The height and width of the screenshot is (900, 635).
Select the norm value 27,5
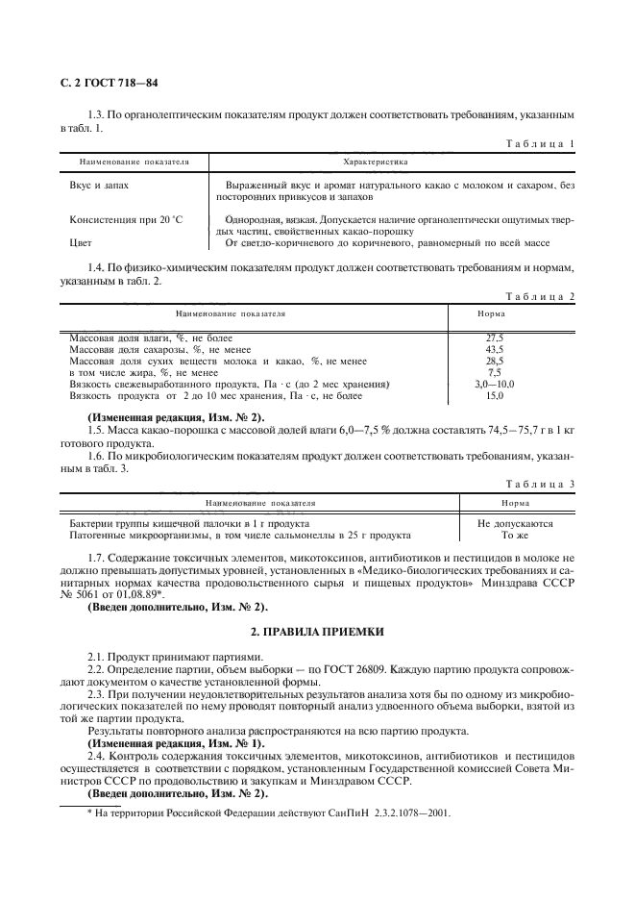point(495,337)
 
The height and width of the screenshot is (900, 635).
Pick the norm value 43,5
point(495,349)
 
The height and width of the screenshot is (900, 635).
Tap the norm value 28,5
point(495,361)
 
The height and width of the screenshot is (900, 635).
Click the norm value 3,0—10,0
point(495,384)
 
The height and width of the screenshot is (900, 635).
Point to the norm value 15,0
point(495,395)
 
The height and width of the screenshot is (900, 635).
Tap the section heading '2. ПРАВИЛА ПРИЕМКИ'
point(317,630)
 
